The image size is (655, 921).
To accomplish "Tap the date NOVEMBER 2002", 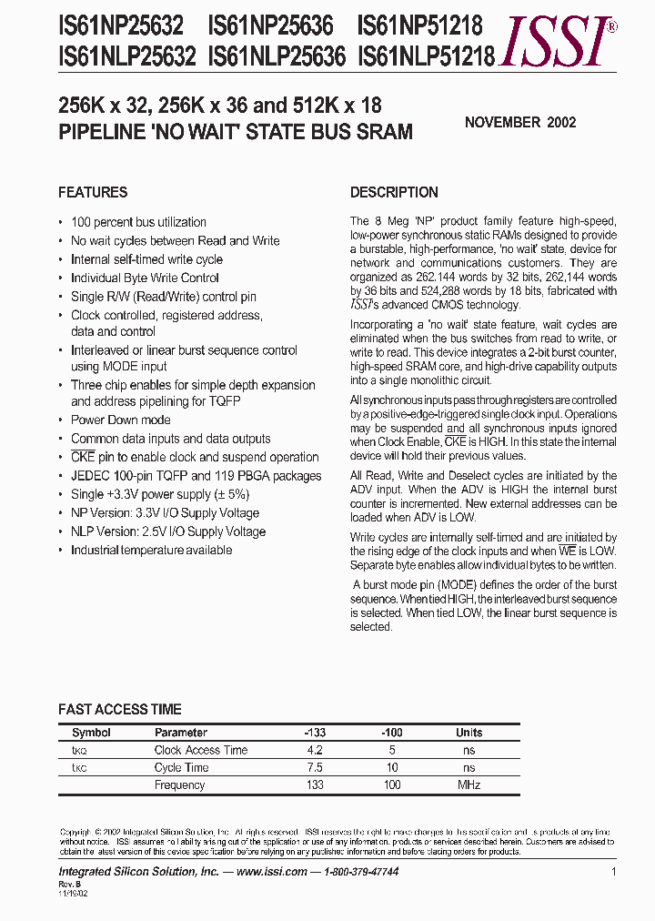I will click(520, 122).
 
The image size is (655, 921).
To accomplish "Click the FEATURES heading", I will click(93, 192).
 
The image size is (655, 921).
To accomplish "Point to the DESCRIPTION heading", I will click(394, 192).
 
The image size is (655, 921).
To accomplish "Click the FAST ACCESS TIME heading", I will click(119, 709).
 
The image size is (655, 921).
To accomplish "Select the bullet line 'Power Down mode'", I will click(120, 420).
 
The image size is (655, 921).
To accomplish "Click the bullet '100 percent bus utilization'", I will click(138, 222).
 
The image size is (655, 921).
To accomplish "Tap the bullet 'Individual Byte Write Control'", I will click(145, 278).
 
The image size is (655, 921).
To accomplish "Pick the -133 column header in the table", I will click(315, 733).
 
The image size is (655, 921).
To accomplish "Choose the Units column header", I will click(469, 733).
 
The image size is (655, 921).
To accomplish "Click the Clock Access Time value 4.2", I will click(315, 750).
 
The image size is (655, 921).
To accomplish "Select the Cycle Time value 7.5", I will click(315, 767).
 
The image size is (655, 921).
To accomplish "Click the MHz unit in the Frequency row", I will click(469, 784).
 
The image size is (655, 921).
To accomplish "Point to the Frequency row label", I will click(179, 784).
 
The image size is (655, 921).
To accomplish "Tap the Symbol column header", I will click(91, 733).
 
